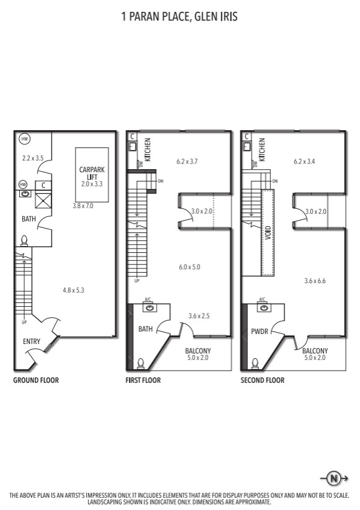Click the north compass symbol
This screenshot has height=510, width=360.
[x=334, y=478]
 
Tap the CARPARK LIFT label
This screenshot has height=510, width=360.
[x=92, y=174]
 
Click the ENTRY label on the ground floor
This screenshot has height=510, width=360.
[x=32, y=341]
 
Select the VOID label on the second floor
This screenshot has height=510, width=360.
[x=268, y=233]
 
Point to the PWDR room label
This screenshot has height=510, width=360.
[x=260, y=332]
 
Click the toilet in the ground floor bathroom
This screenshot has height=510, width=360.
[x=24, y=240]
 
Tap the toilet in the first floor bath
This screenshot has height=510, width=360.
[x=141, y=364]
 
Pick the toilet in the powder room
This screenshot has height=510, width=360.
[x=255, y=364]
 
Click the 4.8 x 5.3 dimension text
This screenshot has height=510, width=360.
[x=74, y=290]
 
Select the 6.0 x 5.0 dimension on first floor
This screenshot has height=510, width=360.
[x=190, y=267]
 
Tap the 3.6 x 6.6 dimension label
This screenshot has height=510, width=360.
[x=315, y=281]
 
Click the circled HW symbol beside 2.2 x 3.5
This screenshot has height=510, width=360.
[x=25, y=139]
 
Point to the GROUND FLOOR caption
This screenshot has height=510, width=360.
[x=36, y=380]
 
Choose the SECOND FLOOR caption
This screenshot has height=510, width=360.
[x=263, y=380]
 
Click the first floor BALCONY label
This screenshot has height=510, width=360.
[x=198, y=351]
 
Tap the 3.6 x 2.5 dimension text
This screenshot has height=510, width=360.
[x=199, y=316]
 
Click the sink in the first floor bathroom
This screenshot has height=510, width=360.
[x=149, y=307]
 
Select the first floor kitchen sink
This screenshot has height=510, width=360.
[x=133, y=147]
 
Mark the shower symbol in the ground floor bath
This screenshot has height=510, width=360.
[x=43, y=200]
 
